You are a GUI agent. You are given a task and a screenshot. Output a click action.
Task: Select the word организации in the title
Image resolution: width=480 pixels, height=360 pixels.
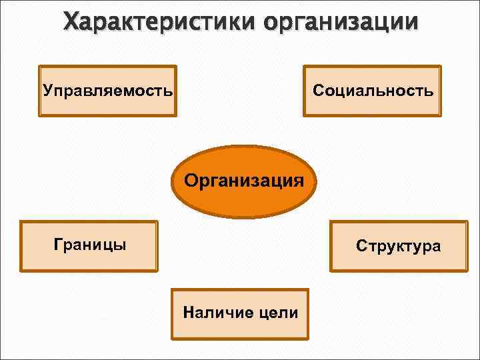341,23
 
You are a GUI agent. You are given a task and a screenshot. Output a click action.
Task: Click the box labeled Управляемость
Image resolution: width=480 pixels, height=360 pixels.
107,91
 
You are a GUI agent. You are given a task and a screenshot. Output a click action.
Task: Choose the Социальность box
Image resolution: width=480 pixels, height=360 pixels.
372,91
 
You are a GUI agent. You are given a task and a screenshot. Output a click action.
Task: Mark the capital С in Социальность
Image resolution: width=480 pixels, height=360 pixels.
317,90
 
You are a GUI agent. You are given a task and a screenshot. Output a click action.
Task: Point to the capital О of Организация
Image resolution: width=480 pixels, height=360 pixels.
191,180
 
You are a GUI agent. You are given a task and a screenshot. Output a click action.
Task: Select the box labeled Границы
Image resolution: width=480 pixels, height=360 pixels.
89,245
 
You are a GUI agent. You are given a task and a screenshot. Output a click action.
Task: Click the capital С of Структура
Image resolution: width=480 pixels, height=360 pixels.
361,246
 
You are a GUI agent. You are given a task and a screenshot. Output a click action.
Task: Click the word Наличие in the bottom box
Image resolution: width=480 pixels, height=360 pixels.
213,312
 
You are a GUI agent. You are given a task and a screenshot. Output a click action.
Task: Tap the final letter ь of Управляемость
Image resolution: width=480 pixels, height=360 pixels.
168,90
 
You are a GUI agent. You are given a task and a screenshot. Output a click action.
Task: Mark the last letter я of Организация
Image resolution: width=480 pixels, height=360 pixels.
299,181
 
